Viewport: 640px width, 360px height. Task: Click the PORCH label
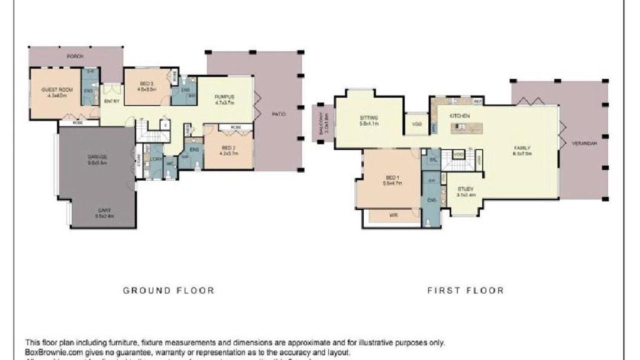pyautogui.click(x=75, y=56)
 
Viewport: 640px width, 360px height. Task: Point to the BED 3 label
pyautogui.click(x=147, y=83)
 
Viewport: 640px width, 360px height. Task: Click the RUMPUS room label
pyautogui.click(x=224, y=96)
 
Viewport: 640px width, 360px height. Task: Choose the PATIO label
pyautogui.click(x=279, y=114)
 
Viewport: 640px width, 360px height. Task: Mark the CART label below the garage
pyautogui.click(x=104, y=210)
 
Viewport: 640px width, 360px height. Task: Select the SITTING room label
pyautogui.click(x=369, y=118)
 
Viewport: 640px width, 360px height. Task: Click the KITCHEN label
pyautogui.click(x=459, y=116)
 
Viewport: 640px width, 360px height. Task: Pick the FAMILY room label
pyautogui.click(x=520, y=148)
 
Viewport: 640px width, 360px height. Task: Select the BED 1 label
pyautogui.click(x=392, y=177)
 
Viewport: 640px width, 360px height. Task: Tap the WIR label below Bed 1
pyautogui.click(x=393, y=215)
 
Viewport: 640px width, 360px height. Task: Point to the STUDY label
pyautogui.click(x=466, y=189)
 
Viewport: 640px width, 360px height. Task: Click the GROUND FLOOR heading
pyautogui.click(x=168, y=290)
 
